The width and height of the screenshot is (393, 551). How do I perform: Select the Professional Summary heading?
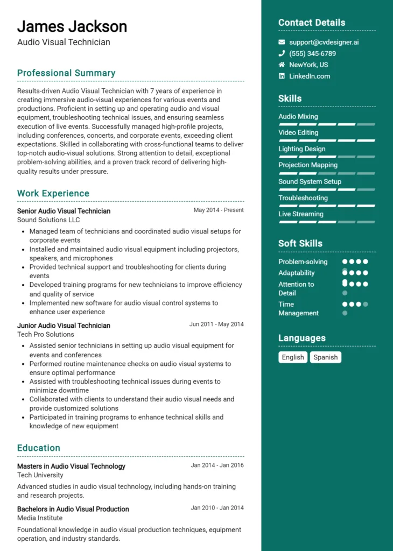(66, 73)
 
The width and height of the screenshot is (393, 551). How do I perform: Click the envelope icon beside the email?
(282, 42)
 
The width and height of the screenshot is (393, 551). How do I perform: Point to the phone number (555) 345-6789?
(312, 54)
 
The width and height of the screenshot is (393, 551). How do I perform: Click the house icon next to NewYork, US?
(282, 65)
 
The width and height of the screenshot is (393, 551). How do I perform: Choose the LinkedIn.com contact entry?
(310, 76)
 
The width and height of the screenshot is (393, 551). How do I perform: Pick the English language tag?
(293, 357)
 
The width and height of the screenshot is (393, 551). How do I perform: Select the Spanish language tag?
(326, 357)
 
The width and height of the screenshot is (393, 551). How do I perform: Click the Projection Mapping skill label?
(308, 165)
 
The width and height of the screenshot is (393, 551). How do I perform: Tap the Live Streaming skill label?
(301, 214)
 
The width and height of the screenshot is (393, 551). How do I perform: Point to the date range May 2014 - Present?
(219, 210)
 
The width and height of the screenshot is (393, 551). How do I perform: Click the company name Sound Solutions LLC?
(48, 220)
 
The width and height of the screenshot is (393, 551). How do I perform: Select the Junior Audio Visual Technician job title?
(64, 326)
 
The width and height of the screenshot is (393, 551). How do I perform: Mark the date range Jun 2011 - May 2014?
(216, 324)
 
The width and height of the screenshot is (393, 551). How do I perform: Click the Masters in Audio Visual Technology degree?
(71, 467)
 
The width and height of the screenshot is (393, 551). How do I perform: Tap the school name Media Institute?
(40, 518)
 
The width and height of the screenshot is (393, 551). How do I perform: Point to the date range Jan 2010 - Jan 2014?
(217, 508)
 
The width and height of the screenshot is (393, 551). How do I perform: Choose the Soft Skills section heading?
(300, 244)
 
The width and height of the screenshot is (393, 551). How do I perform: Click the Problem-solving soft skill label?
(303, 262)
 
